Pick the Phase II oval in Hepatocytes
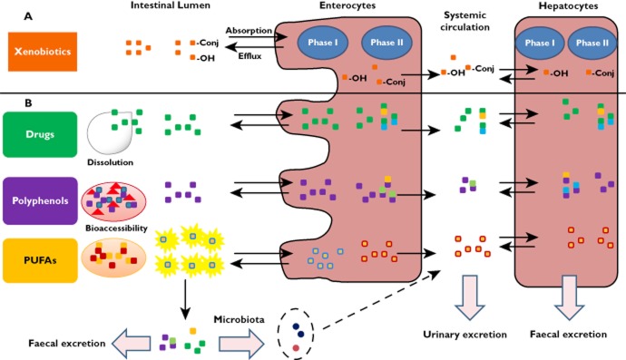[594, 43]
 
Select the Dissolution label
[112, 163]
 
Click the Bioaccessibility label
[115, 229]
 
